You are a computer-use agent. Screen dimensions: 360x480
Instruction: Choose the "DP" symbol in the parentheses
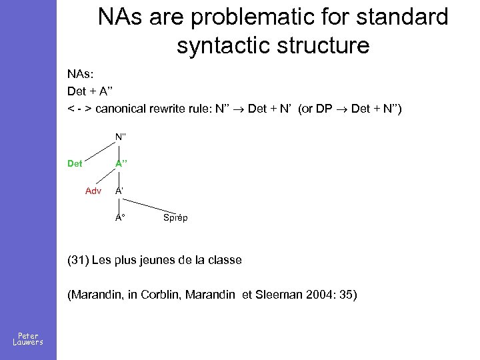coord(329,109)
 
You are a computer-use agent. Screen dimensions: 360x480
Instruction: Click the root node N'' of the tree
coord(121,137)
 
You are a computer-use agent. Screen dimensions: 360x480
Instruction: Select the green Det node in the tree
coord(75,163)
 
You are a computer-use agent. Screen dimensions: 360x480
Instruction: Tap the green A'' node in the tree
coord(121,163)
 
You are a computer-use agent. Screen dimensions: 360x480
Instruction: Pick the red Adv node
coord(93,191)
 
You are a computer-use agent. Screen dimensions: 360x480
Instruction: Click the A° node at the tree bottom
coord(121,217)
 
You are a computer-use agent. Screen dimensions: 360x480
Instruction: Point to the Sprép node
coord(175,217)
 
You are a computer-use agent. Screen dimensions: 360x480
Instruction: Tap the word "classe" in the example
coord(224,260)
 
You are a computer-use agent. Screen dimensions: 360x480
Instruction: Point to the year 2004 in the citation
coord(327,295)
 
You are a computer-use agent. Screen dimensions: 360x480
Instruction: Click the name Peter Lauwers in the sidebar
coord(28,339)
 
